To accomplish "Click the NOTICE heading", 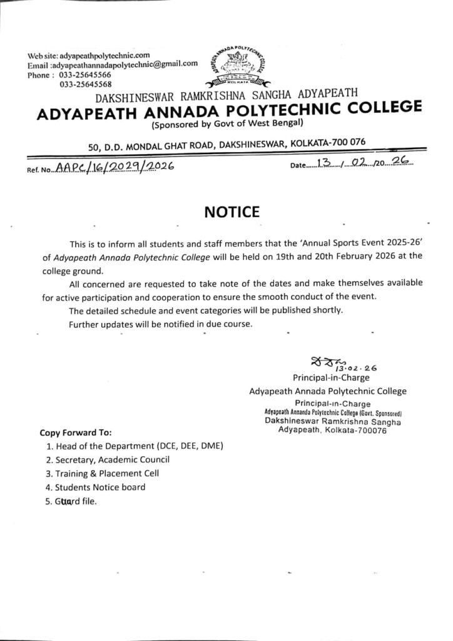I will click(x=232, y=212).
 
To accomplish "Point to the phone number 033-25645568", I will click(x=86, y=83).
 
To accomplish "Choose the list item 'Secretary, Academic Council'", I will click(x=113, y=459).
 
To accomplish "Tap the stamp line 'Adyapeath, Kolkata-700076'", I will click(x=332, y=431).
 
